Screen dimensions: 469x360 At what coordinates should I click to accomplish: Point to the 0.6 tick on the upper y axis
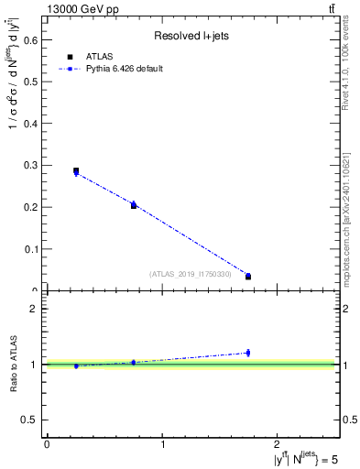click(x=31, y=39)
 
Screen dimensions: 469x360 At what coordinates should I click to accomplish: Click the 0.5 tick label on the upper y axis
click(x=31, y=82)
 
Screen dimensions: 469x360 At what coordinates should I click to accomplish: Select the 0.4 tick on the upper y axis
click(x=31, y=123)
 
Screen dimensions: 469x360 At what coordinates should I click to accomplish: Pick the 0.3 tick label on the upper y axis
click(x=31, y=165)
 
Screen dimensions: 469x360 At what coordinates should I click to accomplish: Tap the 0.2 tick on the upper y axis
click(x=31, y=207)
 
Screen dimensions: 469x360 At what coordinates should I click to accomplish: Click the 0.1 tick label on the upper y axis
click(x=31, y=248)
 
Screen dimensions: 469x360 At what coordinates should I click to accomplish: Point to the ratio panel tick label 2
click(x=33, y=309)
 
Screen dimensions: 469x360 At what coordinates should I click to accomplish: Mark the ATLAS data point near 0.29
click(x=76, y=170)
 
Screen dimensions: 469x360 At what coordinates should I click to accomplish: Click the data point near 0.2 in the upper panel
click(x=134, y=205)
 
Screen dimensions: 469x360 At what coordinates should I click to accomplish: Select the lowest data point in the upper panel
click(x=248, y=276)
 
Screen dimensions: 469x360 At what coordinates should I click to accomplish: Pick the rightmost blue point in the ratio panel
click(x=248, y=353)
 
